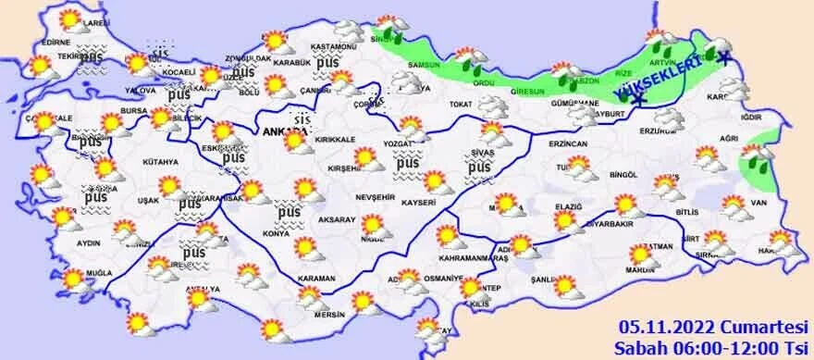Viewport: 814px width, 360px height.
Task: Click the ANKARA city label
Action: (x=277, y=131)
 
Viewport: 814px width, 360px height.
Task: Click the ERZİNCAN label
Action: (x=568, y=145)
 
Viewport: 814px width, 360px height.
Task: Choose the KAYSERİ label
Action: (x=418, y=202)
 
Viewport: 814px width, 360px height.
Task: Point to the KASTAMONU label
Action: (x=334, y=46)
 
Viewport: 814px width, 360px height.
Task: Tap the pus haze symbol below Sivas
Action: (x=478, y=168)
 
